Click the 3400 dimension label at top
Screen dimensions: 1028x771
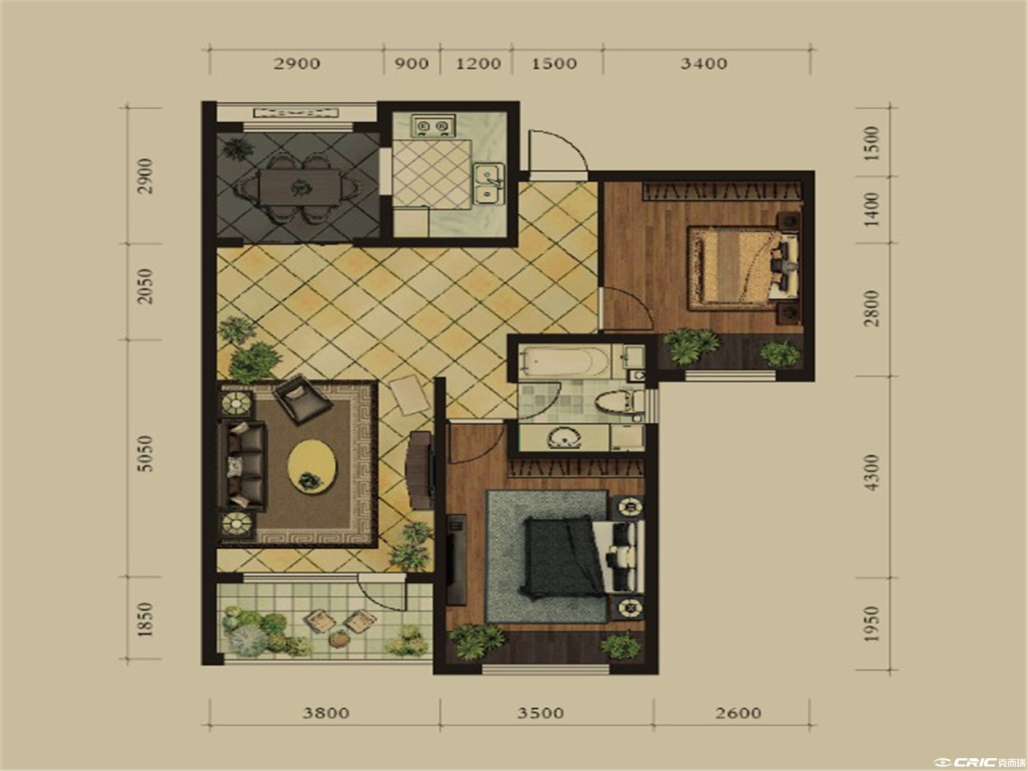(x=704, y=63)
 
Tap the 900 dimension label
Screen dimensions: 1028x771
(x=411, y=63)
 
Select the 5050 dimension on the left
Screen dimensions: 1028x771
(x=145, y=454)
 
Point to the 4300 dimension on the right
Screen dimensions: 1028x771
(x=871, y=472)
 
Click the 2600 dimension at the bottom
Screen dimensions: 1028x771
(x=738, y=713)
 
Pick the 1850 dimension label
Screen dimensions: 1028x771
(x=145, y=619)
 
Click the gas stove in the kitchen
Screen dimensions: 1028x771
(x=433, y=125)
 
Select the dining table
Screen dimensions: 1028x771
(x=300, y=187)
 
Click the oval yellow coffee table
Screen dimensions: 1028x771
(x=312, y=467)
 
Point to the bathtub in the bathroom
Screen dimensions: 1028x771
(x=565, y=361)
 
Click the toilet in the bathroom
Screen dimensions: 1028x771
(x=618, y=402)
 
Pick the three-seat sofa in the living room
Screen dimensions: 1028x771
(x=243, y=465)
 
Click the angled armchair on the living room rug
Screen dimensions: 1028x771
(x=303, y=399)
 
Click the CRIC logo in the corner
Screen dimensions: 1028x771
(x=979, y=762)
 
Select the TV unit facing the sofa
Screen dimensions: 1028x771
(x=421, y=470)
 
